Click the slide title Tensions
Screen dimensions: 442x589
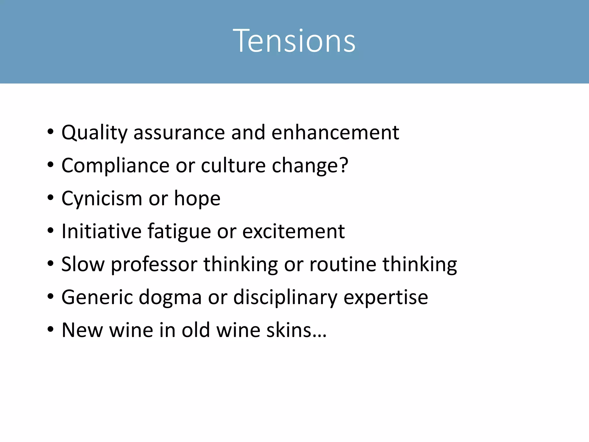[294, 41]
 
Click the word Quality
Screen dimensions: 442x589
[94, 133]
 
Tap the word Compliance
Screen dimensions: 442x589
[115, 166]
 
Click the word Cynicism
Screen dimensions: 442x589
[102, 199]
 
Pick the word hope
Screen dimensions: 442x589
[197, 199]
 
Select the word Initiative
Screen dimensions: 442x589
[102, 231]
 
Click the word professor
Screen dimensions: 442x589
[154, 264]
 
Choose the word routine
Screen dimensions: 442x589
[343, 264]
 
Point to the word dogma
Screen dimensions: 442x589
[170, 297]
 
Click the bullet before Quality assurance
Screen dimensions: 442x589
[51, 133]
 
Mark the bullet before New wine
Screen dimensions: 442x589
[51, 330]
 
